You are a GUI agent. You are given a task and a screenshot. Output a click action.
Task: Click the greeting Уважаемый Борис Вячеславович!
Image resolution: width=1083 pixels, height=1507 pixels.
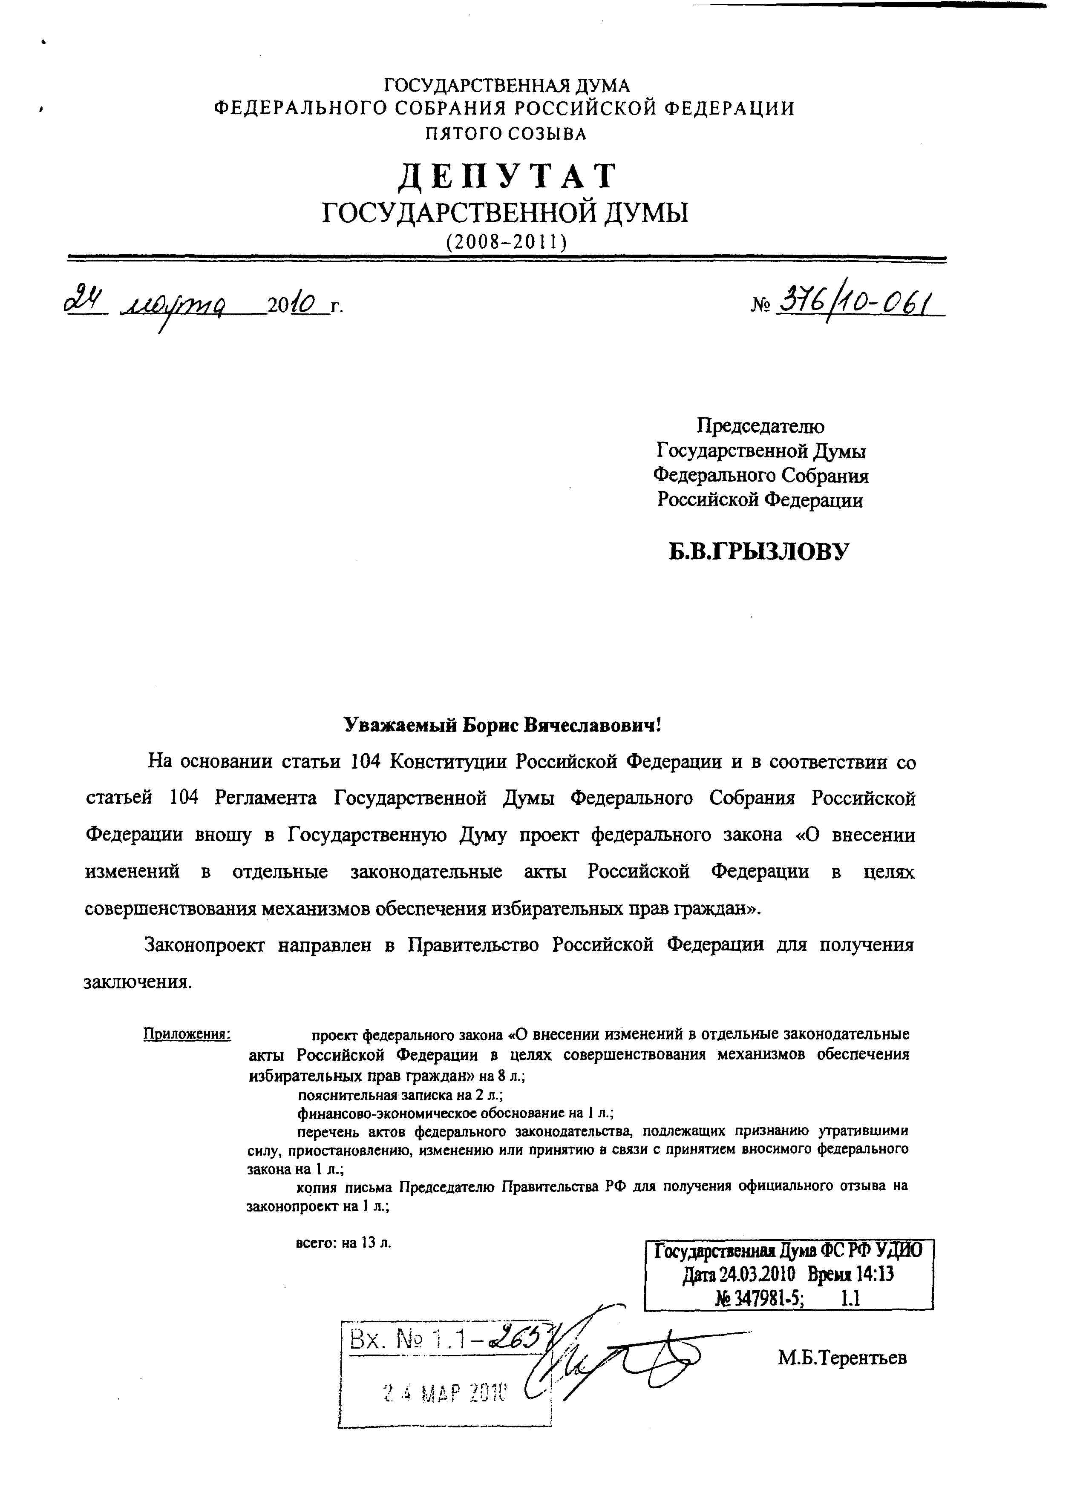tap(503, 724)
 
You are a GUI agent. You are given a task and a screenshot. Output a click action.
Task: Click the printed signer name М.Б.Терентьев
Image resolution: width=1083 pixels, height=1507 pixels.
tap(842, 1358)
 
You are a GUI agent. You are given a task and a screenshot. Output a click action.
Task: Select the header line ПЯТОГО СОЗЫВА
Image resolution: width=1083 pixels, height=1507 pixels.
tap(507, 134)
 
